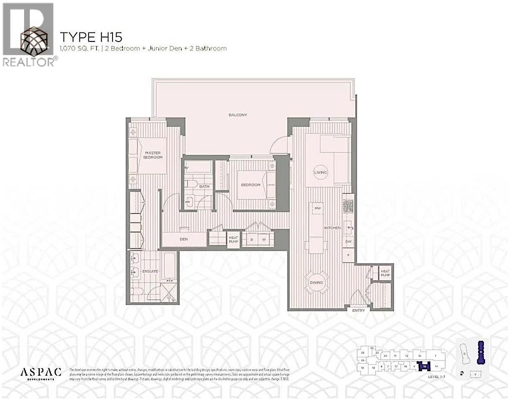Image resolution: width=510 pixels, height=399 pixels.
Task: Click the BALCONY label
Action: click(x=238, y=115)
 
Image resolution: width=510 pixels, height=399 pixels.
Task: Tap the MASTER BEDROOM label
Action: click(x=153, y=155)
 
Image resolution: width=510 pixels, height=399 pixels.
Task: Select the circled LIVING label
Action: click(x=320, y=172)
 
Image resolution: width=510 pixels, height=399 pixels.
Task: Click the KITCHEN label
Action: click(x=332, y=228)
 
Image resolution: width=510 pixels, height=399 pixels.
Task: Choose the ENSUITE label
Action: click(x=150, y=271)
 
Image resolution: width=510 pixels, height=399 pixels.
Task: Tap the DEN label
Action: click(x=184, y=239)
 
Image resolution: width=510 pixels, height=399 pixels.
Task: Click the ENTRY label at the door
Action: click(x=358, y=310)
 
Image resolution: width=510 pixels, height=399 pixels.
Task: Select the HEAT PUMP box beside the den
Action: click(x=233, y=240)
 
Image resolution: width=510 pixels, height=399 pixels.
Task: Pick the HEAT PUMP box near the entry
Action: click(x=386, y=273)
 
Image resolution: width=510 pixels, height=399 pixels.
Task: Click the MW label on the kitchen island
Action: click(x=318, y=208)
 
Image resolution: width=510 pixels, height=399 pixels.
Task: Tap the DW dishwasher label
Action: click(x=348, y=241)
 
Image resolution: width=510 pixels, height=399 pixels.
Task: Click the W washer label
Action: click(x=263, y=240)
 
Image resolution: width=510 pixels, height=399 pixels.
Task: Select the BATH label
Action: click(x=204, y=187)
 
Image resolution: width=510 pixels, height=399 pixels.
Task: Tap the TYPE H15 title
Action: click(x=91, y=37)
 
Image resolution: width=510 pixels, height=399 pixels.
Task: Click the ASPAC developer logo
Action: click(x=41, y=372)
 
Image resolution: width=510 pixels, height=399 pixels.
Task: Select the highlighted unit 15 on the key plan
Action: click(x=424, y=366)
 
